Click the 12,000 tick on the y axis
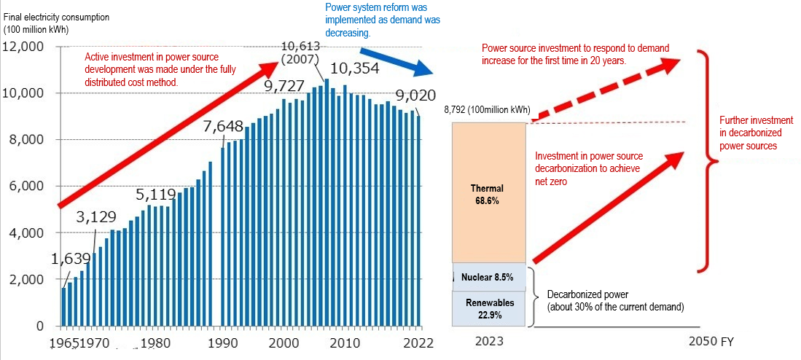[x=26, y=47]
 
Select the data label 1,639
[x=71, y=258]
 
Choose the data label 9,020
[x=415, y=95]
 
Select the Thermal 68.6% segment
[x=488, y=193]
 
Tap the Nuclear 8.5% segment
[x=488, y=277]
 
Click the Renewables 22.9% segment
[x=488, y=308]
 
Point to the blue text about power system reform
[x=382, y=20]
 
